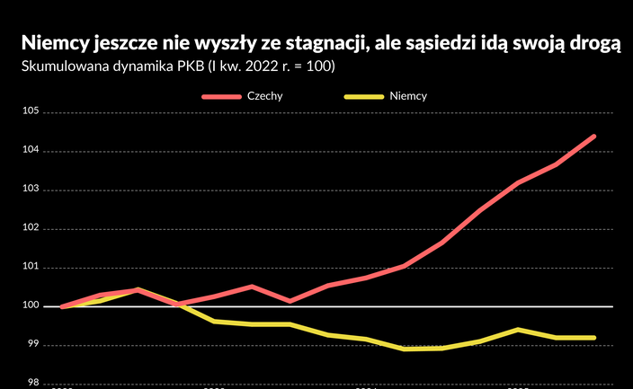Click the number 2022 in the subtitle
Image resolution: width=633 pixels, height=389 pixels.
tap(262, 67)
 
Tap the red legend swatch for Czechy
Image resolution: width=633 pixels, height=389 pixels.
tap(221, 96)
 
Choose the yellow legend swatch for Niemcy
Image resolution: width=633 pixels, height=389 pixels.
tap(362, 96)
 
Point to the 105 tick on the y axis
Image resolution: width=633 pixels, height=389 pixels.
tap(31, 112)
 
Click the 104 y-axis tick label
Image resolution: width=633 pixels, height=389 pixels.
tap(31, 151)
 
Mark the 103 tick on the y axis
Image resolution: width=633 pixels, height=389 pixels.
tap(31, 190)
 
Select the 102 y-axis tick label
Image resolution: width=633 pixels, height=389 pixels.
tap(31, 228)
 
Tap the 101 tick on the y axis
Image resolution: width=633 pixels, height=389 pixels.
tap(31, 267)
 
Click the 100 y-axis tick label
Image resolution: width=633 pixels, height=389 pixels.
tap(31, 306)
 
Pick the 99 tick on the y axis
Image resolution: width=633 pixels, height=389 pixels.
tap(34, 345)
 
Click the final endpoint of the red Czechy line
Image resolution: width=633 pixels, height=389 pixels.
tap(593, 137)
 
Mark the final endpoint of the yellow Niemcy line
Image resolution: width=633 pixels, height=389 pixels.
tap(593, 338)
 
